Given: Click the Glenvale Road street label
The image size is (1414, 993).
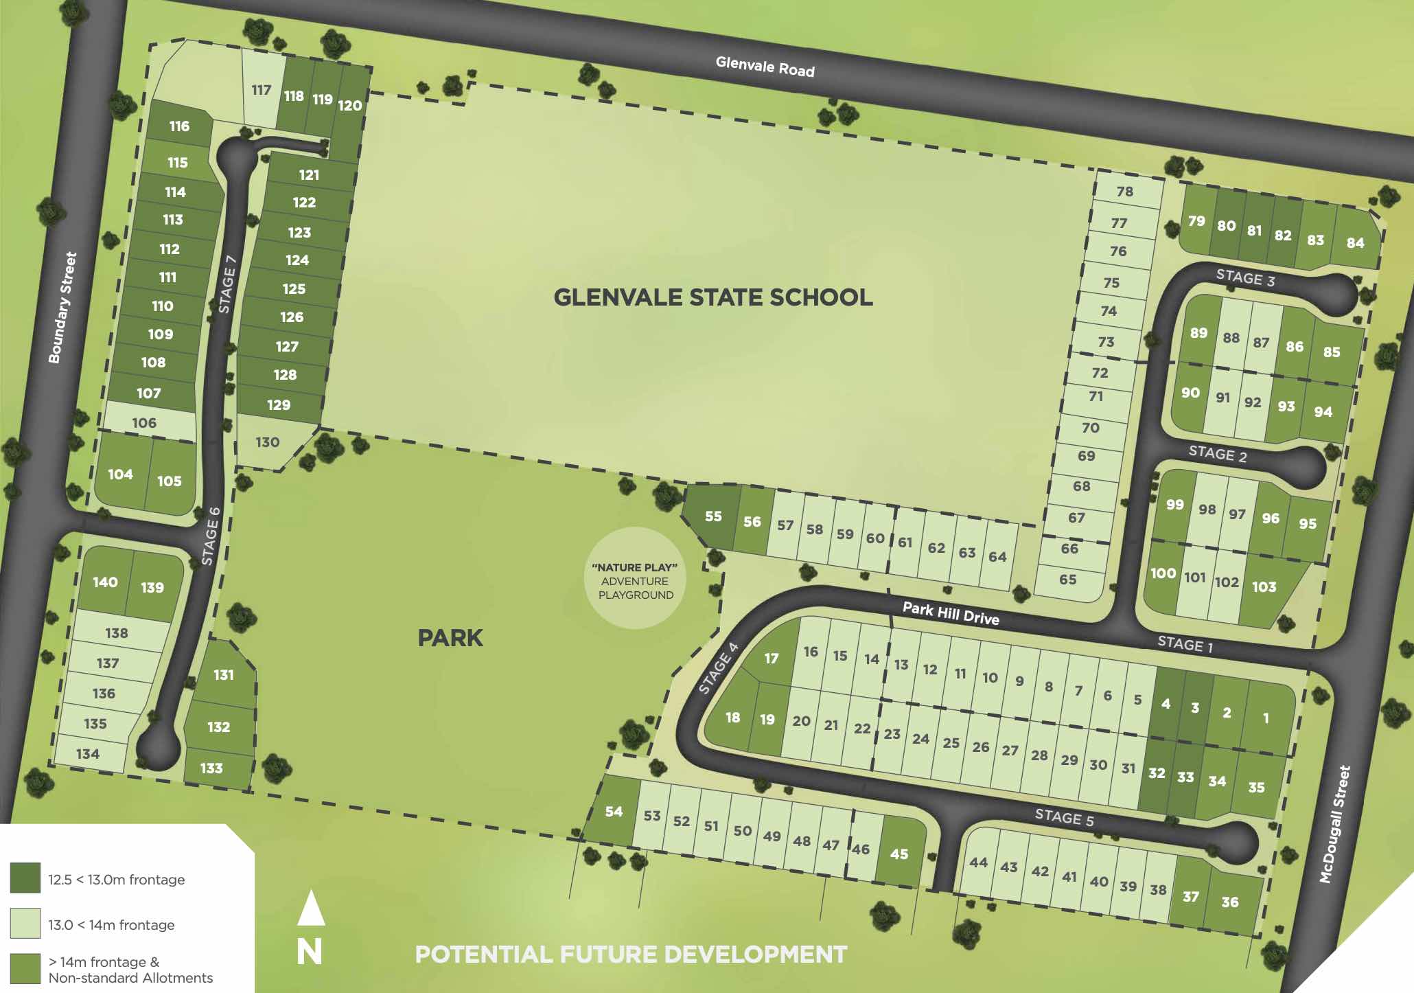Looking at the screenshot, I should (x=765, y=67).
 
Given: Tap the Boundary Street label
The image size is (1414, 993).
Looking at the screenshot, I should (x=62, y=307).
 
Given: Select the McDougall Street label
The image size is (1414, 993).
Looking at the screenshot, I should (x=1335, y=824).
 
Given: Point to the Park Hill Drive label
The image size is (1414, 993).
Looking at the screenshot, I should (x=950, y=613).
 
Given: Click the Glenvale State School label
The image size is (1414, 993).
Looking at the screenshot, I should (x=713, y=297).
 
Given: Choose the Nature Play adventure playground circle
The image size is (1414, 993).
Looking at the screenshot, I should (x=636, y=578).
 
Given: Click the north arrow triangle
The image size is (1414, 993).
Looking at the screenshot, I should (x=310, y=908).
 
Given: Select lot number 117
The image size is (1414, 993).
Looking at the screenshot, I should (x=262, y=90).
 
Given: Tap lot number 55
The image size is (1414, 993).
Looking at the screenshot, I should (x=713, y=516).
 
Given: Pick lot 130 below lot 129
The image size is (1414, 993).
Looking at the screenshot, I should (x=268, y=442).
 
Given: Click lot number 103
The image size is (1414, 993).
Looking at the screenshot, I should (x=1264, y=587).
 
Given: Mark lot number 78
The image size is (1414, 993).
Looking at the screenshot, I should (x=1125, y=192).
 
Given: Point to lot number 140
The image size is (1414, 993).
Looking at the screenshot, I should (x=105, y=582).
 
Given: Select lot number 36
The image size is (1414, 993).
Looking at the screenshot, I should (x=1229, y=902).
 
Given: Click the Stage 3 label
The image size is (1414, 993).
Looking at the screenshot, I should (x=1245, y=278).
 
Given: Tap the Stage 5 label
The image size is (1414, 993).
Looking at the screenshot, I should (x=1064, y=817).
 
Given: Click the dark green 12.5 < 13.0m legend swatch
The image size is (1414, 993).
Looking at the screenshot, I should (x=25, y=878).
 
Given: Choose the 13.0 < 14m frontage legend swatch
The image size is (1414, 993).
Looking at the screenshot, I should (x=25, y=924).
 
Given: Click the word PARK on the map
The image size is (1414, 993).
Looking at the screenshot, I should (x=450, y=638).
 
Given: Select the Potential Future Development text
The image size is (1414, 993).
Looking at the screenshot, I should (x=631, y=955).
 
